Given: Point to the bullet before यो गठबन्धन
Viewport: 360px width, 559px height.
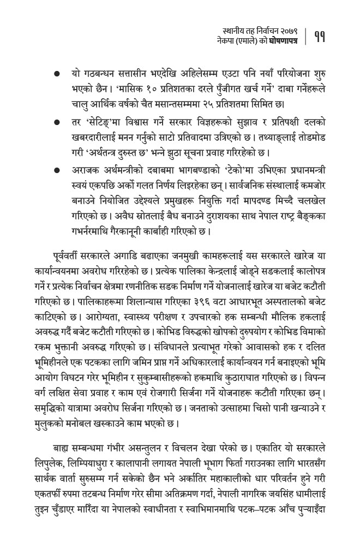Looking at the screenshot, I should click(x=57, y=74).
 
